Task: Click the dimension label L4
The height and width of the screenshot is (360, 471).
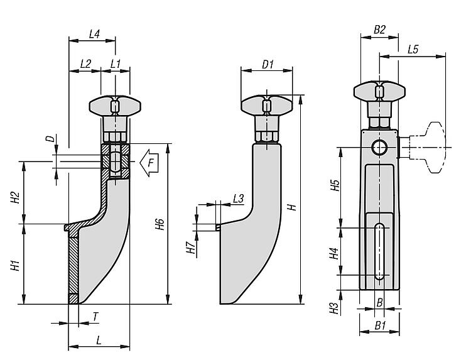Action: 94,34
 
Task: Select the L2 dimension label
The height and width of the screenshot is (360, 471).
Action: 86,63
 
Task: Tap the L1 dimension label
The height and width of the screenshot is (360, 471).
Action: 115,63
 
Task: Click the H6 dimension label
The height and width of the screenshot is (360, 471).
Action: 160,224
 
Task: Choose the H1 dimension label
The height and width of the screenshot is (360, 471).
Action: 16,265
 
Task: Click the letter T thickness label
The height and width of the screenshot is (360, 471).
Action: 95,317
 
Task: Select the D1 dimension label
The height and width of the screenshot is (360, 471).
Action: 267,64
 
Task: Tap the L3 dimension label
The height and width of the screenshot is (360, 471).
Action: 238,198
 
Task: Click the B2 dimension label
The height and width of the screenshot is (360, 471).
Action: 379,30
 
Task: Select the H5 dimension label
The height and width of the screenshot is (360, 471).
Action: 335,185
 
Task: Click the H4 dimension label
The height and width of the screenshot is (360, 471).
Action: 335,253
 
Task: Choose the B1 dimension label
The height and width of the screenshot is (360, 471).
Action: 379,325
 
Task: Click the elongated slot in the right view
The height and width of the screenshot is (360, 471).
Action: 379,251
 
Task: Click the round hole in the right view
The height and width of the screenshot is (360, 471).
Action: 379,148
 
